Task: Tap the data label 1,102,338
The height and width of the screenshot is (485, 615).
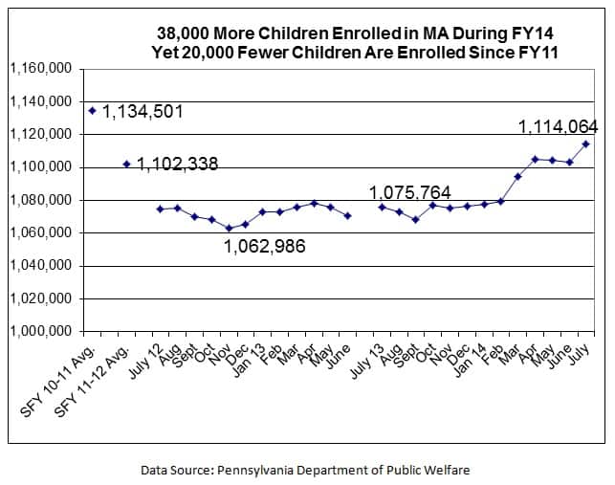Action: (x=177, y=165)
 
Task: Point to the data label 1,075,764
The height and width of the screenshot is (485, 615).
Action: (x=410, y=192)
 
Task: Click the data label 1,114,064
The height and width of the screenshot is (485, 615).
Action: (x=558, y=126)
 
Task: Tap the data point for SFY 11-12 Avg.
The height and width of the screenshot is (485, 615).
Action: (x=127, y=164)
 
